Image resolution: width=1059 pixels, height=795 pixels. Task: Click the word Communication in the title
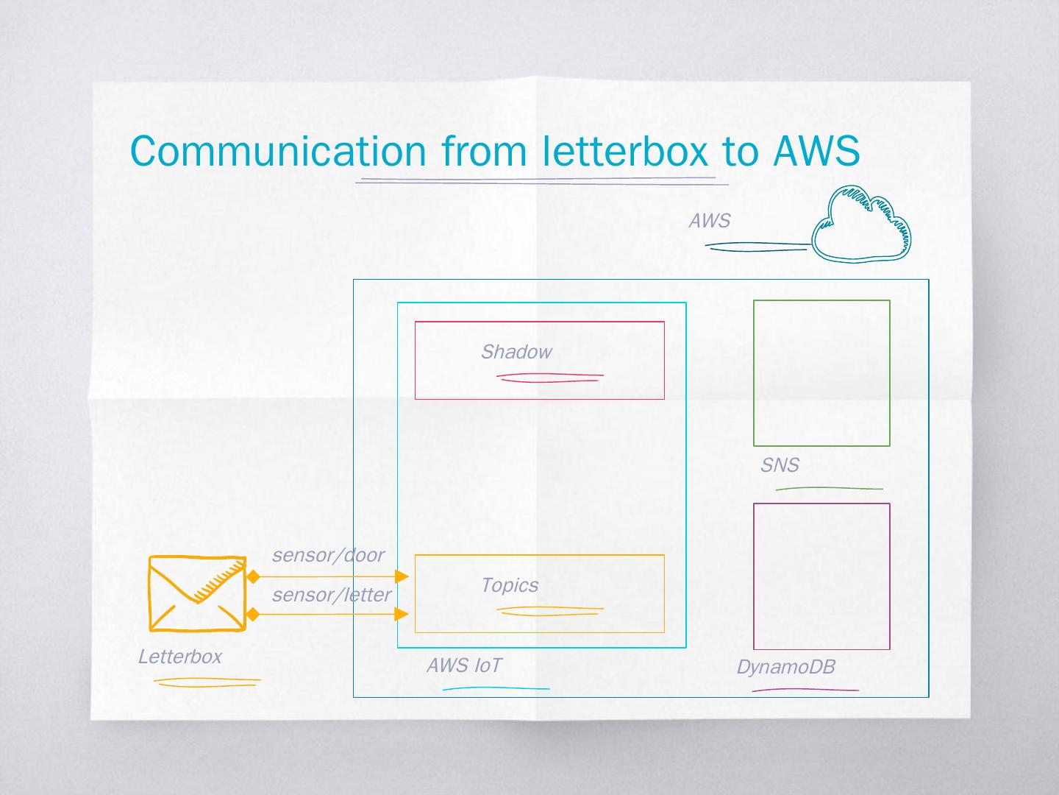pos(277,151)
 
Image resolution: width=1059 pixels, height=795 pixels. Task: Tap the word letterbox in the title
pos(626,151)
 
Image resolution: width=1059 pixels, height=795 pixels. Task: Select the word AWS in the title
pos(816,151)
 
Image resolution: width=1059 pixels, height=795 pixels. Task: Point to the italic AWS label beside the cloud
pos(709,221)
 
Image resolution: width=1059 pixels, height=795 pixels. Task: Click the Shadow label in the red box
pos(516,352)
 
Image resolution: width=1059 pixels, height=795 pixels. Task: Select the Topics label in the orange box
pos(509,585)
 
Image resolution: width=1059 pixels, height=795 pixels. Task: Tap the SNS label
pos(780,465)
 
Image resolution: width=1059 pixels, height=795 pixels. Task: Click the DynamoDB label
pos(785,667)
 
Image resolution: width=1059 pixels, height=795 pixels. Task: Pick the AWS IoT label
pos(464,665)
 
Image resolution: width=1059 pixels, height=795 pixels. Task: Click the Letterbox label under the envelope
pos(179,657)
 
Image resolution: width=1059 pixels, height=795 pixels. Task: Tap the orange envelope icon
pos(197,593)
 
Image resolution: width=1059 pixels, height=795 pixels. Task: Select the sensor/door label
pos(328,555)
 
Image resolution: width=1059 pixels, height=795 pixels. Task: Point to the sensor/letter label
pos(332,595)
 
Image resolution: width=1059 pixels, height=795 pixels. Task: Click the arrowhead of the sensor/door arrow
pos(402,576)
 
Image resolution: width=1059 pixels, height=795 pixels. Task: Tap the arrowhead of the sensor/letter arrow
pos(402,614)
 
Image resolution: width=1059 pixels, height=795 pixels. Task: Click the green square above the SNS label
pos(821,373)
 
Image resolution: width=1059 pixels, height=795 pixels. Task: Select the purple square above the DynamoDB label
pos(821,576)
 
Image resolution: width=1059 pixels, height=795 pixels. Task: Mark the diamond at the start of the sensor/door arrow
pos(253,576)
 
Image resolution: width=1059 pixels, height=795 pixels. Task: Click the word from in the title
pos(484,151)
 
